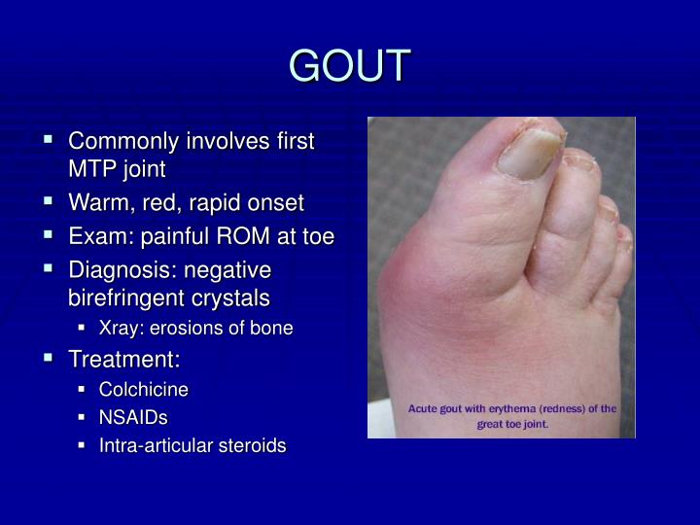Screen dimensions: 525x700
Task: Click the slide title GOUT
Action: click(x=350, y=66)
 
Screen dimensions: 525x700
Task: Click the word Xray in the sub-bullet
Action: click(x=120, y=329)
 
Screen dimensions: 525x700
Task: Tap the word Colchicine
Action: click(x=143, y=390)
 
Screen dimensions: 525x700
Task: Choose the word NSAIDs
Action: click(x=133, y=418)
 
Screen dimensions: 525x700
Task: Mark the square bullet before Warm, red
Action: click(x=48, y=203)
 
